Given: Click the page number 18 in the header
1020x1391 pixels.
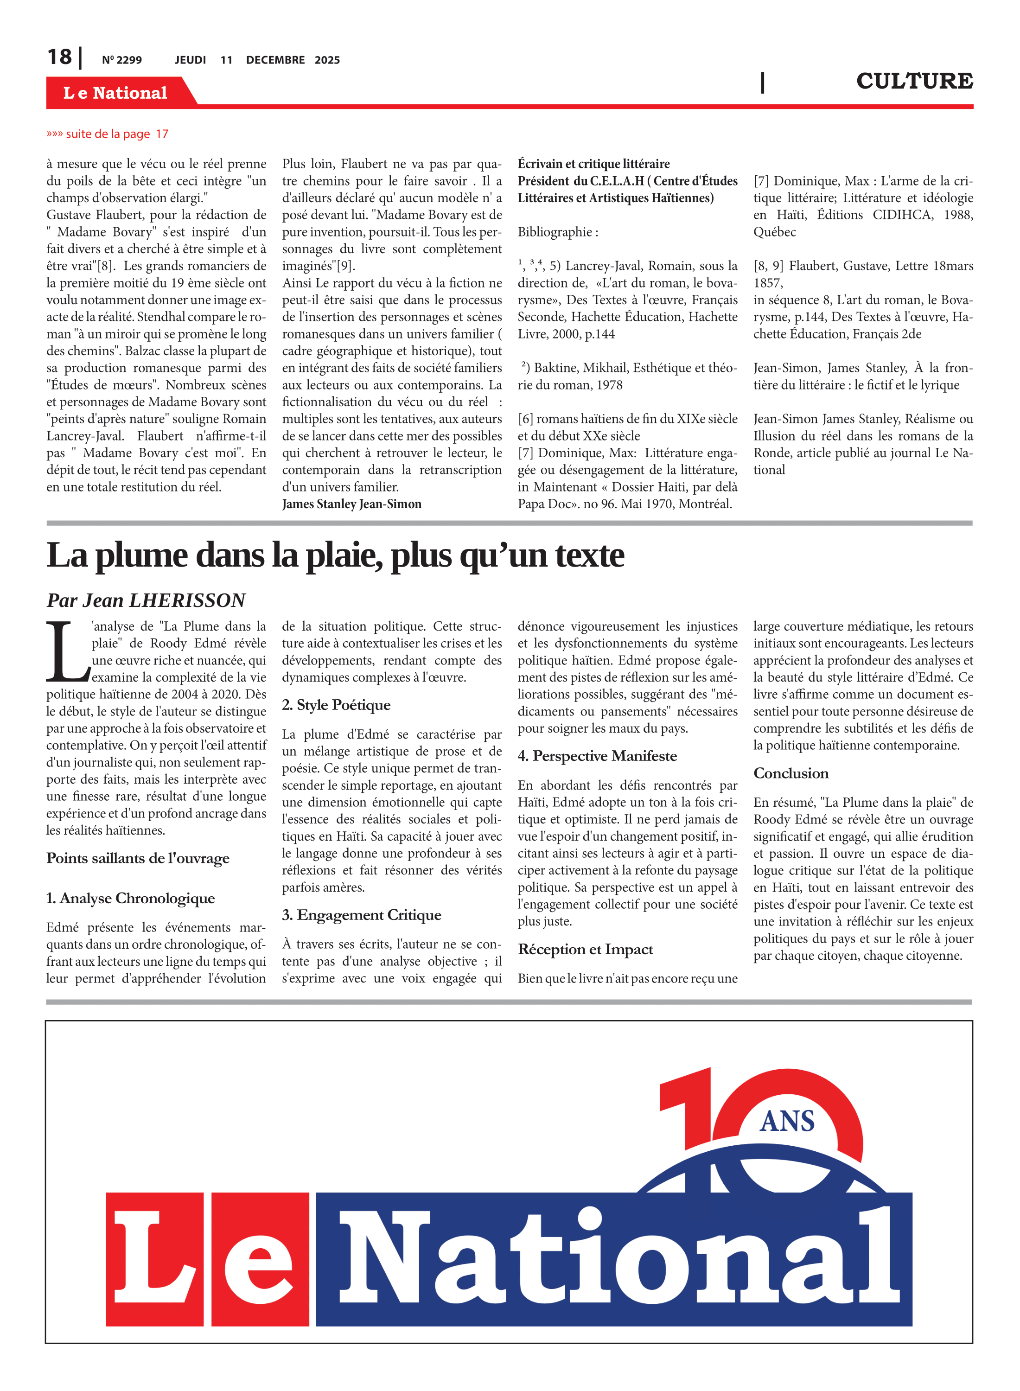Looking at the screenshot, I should (59, 57).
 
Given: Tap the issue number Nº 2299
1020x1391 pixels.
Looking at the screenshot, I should (121, 60).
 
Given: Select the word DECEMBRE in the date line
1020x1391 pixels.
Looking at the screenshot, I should (275, 60).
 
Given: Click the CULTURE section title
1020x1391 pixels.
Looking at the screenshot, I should (914, 81).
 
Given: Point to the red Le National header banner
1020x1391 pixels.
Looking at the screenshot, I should (115, 93).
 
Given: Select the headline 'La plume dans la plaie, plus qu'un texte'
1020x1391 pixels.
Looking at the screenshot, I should (335, 555).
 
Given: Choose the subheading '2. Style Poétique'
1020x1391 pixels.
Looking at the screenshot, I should (336, 705).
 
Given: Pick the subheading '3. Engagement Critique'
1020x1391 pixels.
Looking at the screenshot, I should (361, 915).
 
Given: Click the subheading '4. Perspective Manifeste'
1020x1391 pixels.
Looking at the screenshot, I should (597, 756).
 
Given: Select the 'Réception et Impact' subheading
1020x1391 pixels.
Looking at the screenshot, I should (585, 949).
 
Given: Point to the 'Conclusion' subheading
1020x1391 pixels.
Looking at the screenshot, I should (790, 773).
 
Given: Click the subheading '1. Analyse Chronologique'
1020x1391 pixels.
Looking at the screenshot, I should (130, 898).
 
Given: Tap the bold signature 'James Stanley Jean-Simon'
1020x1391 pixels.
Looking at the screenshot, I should (351, 504).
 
